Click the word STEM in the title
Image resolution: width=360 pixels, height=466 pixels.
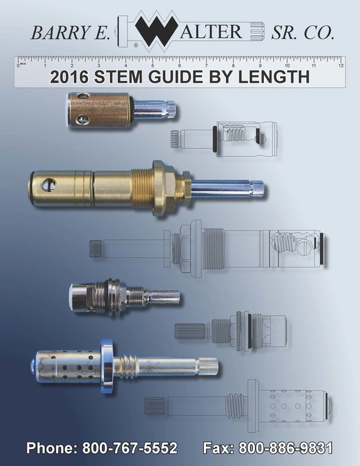click(118, 77)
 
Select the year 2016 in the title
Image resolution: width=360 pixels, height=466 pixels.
click(69, 77)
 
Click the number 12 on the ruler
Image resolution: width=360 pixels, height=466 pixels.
click(341, 66)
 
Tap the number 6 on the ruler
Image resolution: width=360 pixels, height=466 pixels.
click(179, 66)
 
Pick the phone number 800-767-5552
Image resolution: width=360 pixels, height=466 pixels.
click(130, 448)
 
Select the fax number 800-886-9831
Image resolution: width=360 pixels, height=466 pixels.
click(285, 448)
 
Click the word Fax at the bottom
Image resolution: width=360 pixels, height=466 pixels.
click(218, 448)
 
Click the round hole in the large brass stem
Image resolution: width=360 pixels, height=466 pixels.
click(49, 185)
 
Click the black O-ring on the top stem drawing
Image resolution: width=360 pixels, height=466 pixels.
click(214, 139)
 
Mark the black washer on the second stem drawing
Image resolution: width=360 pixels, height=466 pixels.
click(323, 248)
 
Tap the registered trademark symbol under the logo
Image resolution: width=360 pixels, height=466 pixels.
click(136, 45)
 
